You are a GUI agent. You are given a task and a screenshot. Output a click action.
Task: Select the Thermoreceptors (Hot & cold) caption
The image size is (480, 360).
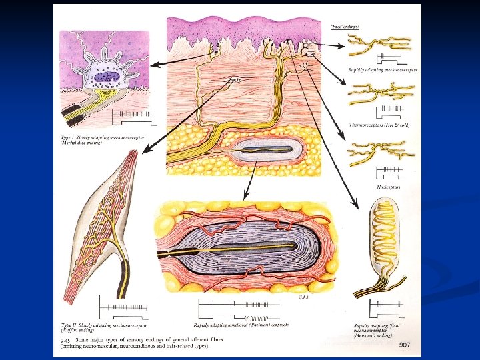pyautogui.click(x=379, y=125)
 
